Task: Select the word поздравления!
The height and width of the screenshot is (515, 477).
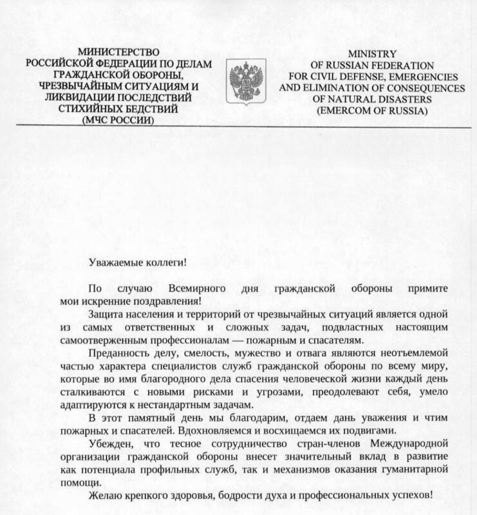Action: point(165,299)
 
